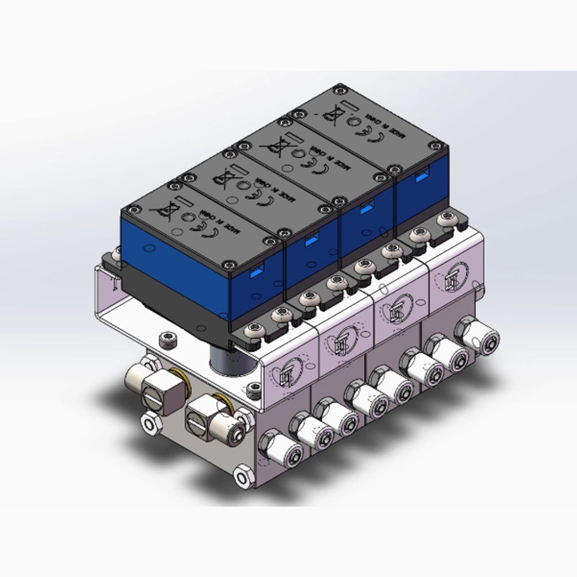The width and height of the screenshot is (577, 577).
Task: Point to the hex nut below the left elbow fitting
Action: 151,425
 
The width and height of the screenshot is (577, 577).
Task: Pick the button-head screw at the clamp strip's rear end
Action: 444,220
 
